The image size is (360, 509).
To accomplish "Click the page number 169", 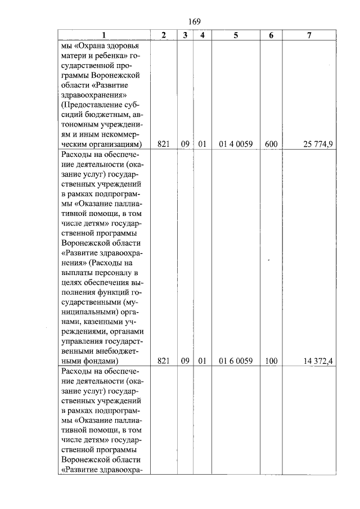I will pos(195,21).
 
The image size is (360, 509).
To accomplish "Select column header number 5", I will pos(236,35).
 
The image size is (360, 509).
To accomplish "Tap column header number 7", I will pos(309,35).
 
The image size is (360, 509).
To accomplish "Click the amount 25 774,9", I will pos(318,145).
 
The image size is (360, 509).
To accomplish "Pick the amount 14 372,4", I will pos(318,361).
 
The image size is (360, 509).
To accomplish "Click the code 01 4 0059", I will pos(236,145).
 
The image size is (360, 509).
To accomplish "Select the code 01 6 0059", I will pos(236,361).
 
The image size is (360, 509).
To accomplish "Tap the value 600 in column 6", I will pos(271,145).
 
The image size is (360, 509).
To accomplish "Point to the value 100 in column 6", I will pos(271,361).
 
